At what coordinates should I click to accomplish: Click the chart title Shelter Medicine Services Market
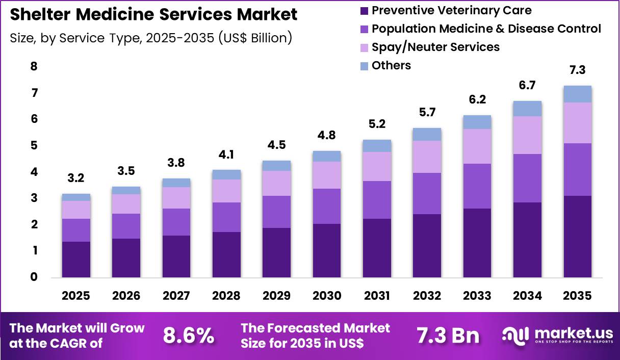pos(153,14)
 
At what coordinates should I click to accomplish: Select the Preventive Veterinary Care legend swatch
pos(364,11)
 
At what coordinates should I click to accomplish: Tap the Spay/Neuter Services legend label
pos(435,47)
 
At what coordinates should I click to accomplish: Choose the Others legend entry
pos(391,65)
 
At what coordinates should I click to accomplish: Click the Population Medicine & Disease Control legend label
pos(486,29)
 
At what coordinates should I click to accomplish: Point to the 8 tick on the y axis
pos(34,66)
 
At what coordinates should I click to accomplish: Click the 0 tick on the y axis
pos(34,277)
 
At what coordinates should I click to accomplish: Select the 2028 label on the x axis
pos(226,296)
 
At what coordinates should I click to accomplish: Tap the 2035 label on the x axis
pos(577,296)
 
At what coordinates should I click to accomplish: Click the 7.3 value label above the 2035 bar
pos(577,70)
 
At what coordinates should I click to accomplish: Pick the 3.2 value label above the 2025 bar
pos(76,178)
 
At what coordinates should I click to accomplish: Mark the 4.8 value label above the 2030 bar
pos(326,136)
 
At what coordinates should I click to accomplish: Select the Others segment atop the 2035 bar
pos(577,94)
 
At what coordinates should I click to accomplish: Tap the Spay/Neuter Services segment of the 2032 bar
pos(427,157)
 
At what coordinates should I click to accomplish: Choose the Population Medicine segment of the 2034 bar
pos(527,178)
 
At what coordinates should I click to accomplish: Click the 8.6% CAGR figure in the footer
pos(189,336)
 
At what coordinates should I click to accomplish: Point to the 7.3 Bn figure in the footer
pos(448,336)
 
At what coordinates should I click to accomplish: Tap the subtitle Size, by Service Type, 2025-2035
pos(151,38)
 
